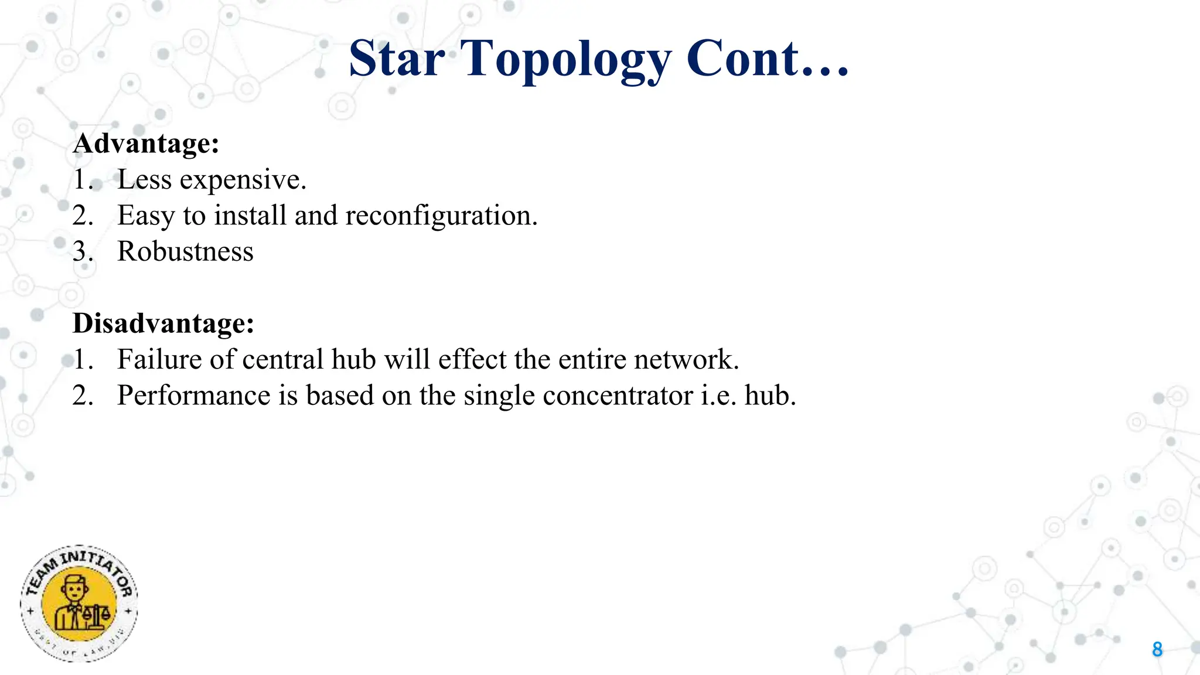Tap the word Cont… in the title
coord(767,59)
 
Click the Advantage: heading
coord(146,144)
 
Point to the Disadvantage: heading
coord(163,323)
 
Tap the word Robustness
coord(185,251)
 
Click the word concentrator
coord(618,396)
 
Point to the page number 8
coord(1157,649)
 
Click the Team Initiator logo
coord(79,604)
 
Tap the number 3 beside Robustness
coord(80,251)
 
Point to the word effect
coord(472,359)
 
